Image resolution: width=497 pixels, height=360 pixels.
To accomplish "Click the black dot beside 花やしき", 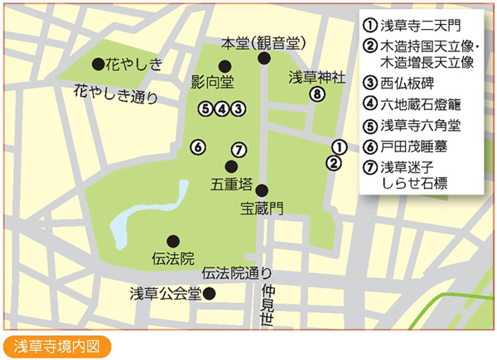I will click(x=98, y=63).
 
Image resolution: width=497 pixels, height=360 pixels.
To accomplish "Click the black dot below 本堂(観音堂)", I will click(x=263, y=58).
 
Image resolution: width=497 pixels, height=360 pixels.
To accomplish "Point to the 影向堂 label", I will click(x=211, y=81).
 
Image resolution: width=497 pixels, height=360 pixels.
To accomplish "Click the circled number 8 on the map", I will click(x=315, y=94).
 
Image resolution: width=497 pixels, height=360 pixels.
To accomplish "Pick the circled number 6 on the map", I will click(x=197, y=147).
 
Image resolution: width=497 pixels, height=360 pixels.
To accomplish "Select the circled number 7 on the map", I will click(x=238, y=150).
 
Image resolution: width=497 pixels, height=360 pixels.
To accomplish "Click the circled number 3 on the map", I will click(x=237, y=108).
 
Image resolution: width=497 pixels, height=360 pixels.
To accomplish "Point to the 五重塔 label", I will click(x=229, y=181).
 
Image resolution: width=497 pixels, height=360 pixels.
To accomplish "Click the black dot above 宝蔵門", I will click(x=261, y=190).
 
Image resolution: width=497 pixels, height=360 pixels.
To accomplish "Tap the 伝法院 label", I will click(x=173, y=257).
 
